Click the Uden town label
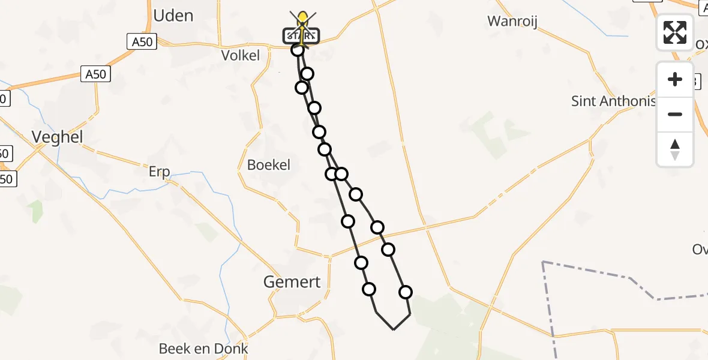[x=173, y=16]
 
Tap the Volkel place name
[x=240, y=56]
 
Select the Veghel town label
[x=57, y=137]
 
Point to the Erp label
[x=160, y=172]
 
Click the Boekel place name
[x=269, y=164]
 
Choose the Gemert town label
[x=292, y=281]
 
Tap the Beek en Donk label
[x=203, y=349]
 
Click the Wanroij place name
[x=512, y=22]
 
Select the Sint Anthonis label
[x=613, y=101]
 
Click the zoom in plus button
[x=675, y=79]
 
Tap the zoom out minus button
[x=675, y=114]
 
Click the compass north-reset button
[x=675, y=149]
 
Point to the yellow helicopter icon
[x=304, y=20]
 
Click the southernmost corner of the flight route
[x=393, y=329]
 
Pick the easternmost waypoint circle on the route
[x=406, y=292]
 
